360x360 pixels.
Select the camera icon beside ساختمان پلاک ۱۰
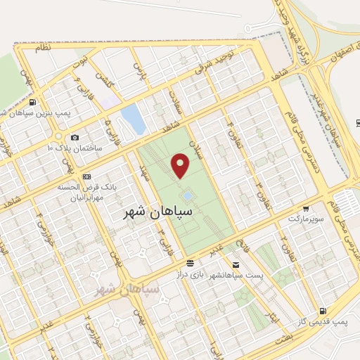pos(75,137)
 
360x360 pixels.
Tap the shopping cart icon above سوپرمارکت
pos(307,209)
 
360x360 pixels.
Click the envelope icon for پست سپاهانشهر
pos(236,265)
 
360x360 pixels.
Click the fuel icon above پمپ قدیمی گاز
pos(322,310)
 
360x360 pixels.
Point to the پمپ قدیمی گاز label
pos(330,321)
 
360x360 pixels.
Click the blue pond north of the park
pos(133,118)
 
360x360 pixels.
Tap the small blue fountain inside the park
pos(188,195)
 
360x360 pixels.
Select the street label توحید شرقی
pos(214,66)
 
